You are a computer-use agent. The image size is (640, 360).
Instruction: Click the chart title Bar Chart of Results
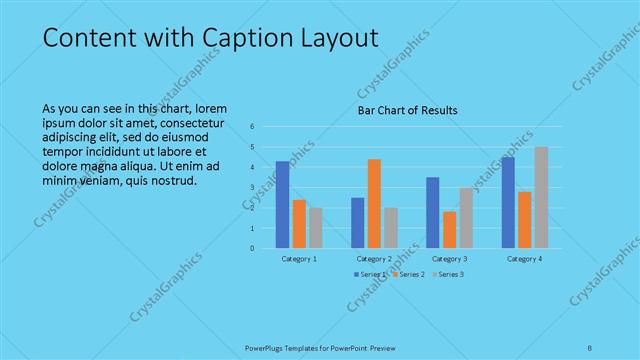(407, 111)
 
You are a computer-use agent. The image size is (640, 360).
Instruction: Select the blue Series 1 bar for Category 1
(283, 204)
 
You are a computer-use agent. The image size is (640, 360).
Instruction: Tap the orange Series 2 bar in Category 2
(374, 203)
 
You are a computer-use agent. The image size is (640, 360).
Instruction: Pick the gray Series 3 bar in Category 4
(541, 197)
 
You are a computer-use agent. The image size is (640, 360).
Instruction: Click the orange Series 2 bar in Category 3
(449, 229)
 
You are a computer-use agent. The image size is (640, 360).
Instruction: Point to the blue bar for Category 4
(508, 202)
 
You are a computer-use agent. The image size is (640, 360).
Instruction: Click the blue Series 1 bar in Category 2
(358, 222)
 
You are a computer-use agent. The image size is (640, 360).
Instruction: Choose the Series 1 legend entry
(371, 274)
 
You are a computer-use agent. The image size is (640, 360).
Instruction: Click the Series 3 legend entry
(449, 274)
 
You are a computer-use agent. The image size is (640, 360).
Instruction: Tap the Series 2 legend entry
(410, 274)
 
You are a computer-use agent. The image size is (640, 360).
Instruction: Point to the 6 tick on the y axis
(253, 127)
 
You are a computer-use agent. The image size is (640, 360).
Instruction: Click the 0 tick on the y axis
(253, 248)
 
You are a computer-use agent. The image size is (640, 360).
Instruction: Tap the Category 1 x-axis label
(299, 259)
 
